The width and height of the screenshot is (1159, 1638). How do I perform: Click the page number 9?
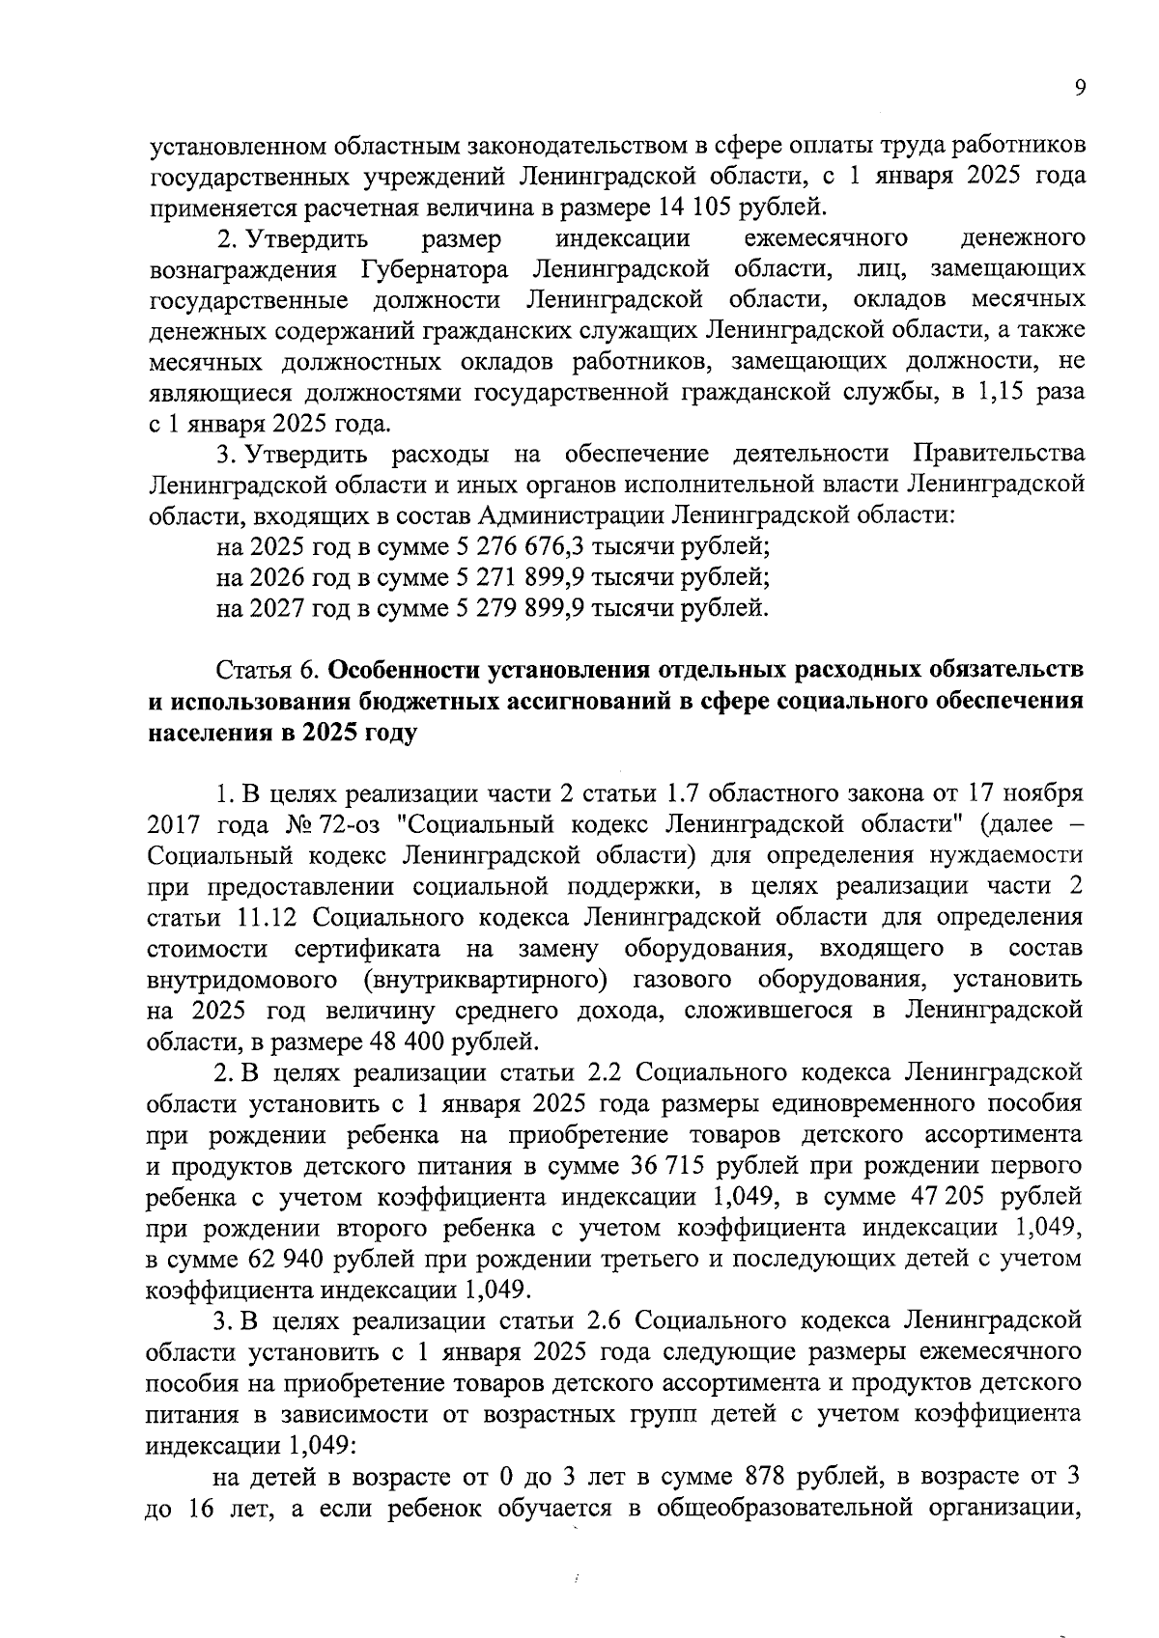click(x=1079, y=89)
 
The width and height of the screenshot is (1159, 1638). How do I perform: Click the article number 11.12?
click(x=269, y=918)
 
